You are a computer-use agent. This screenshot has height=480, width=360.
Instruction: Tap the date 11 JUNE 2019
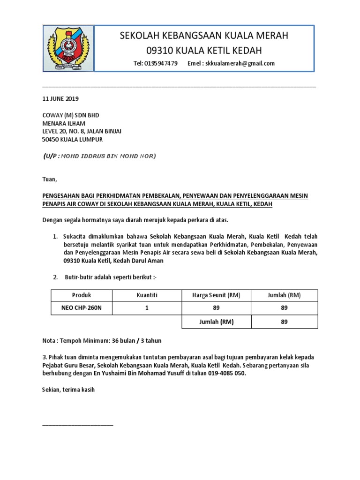[x=60, y=99]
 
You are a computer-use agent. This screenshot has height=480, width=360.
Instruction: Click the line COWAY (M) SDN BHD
[x=70, y=115]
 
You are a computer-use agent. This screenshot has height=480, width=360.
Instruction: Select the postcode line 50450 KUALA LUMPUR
[x=72, y=140]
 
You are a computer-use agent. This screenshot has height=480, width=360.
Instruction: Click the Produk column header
[x=82, y=295]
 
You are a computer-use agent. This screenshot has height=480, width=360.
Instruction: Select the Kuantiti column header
[x=146, y=295]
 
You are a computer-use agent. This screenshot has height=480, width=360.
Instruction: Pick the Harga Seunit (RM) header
[x=216, y=295]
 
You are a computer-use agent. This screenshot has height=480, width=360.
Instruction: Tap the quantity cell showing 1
[x=146, y=308]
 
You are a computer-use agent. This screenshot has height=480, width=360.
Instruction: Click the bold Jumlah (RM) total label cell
[x=216, y=322]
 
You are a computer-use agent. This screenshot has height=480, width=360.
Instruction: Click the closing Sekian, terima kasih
[x=68, y=390]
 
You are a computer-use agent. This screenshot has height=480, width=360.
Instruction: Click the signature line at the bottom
[x=77, y=424]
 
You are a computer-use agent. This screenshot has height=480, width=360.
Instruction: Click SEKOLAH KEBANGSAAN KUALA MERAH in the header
[x=204, y=36]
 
